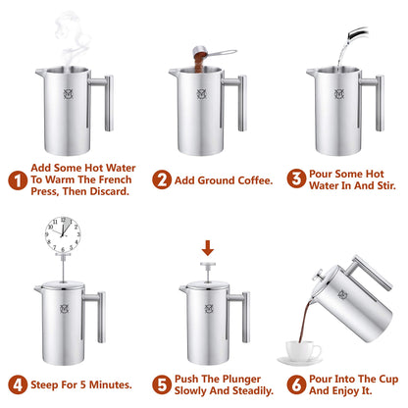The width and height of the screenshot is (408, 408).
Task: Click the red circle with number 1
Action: click(x=17, y=180)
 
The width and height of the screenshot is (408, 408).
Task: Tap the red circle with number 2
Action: click(x=161, y=179)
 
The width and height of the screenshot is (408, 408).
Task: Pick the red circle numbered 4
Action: click(x=17, y=384)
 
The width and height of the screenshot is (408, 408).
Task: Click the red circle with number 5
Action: click(x=161, y=384)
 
